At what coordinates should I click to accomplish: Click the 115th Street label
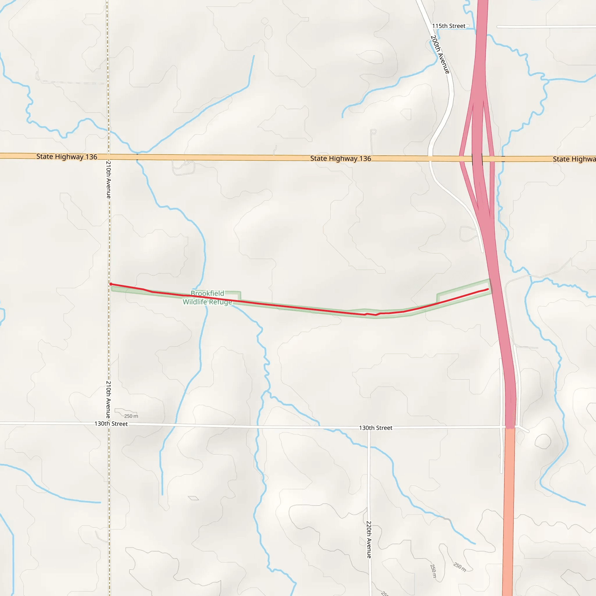(x=448, y=26)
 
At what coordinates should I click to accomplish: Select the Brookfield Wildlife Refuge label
(x=207, y=298)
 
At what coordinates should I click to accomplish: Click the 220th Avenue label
(x=369, y=540)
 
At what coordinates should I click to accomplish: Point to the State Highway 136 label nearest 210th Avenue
(x=67, y=157)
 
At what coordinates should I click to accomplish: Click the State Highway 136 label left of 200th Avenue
(x=340, y=159)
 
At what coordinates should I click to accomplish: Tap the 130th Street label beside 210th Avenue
(x=111, y=424)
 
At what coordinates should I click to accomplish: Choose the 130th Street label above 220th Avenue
(x=375, y=428)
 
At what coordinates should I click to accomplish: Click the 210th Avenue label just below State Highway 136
(x=109, y=180)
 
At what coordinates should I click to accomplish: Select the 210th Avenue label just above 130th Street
(x=109, y=400)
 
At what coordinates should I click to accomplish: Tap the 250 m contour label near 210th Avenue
(x=131, y=416)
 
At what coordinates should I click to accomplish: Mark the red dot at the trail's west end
(x=111, y=284)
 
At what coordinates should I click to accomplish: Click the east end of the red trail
(x=488, y=289)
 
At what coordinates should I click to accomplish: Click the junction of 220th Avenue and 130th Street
(x=369, y=428)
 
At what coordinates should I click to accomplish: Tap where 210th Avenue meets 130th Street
(x=109, y=424)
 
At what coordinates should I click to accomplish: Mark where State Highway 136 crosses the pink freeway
(x=477, y=159)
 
